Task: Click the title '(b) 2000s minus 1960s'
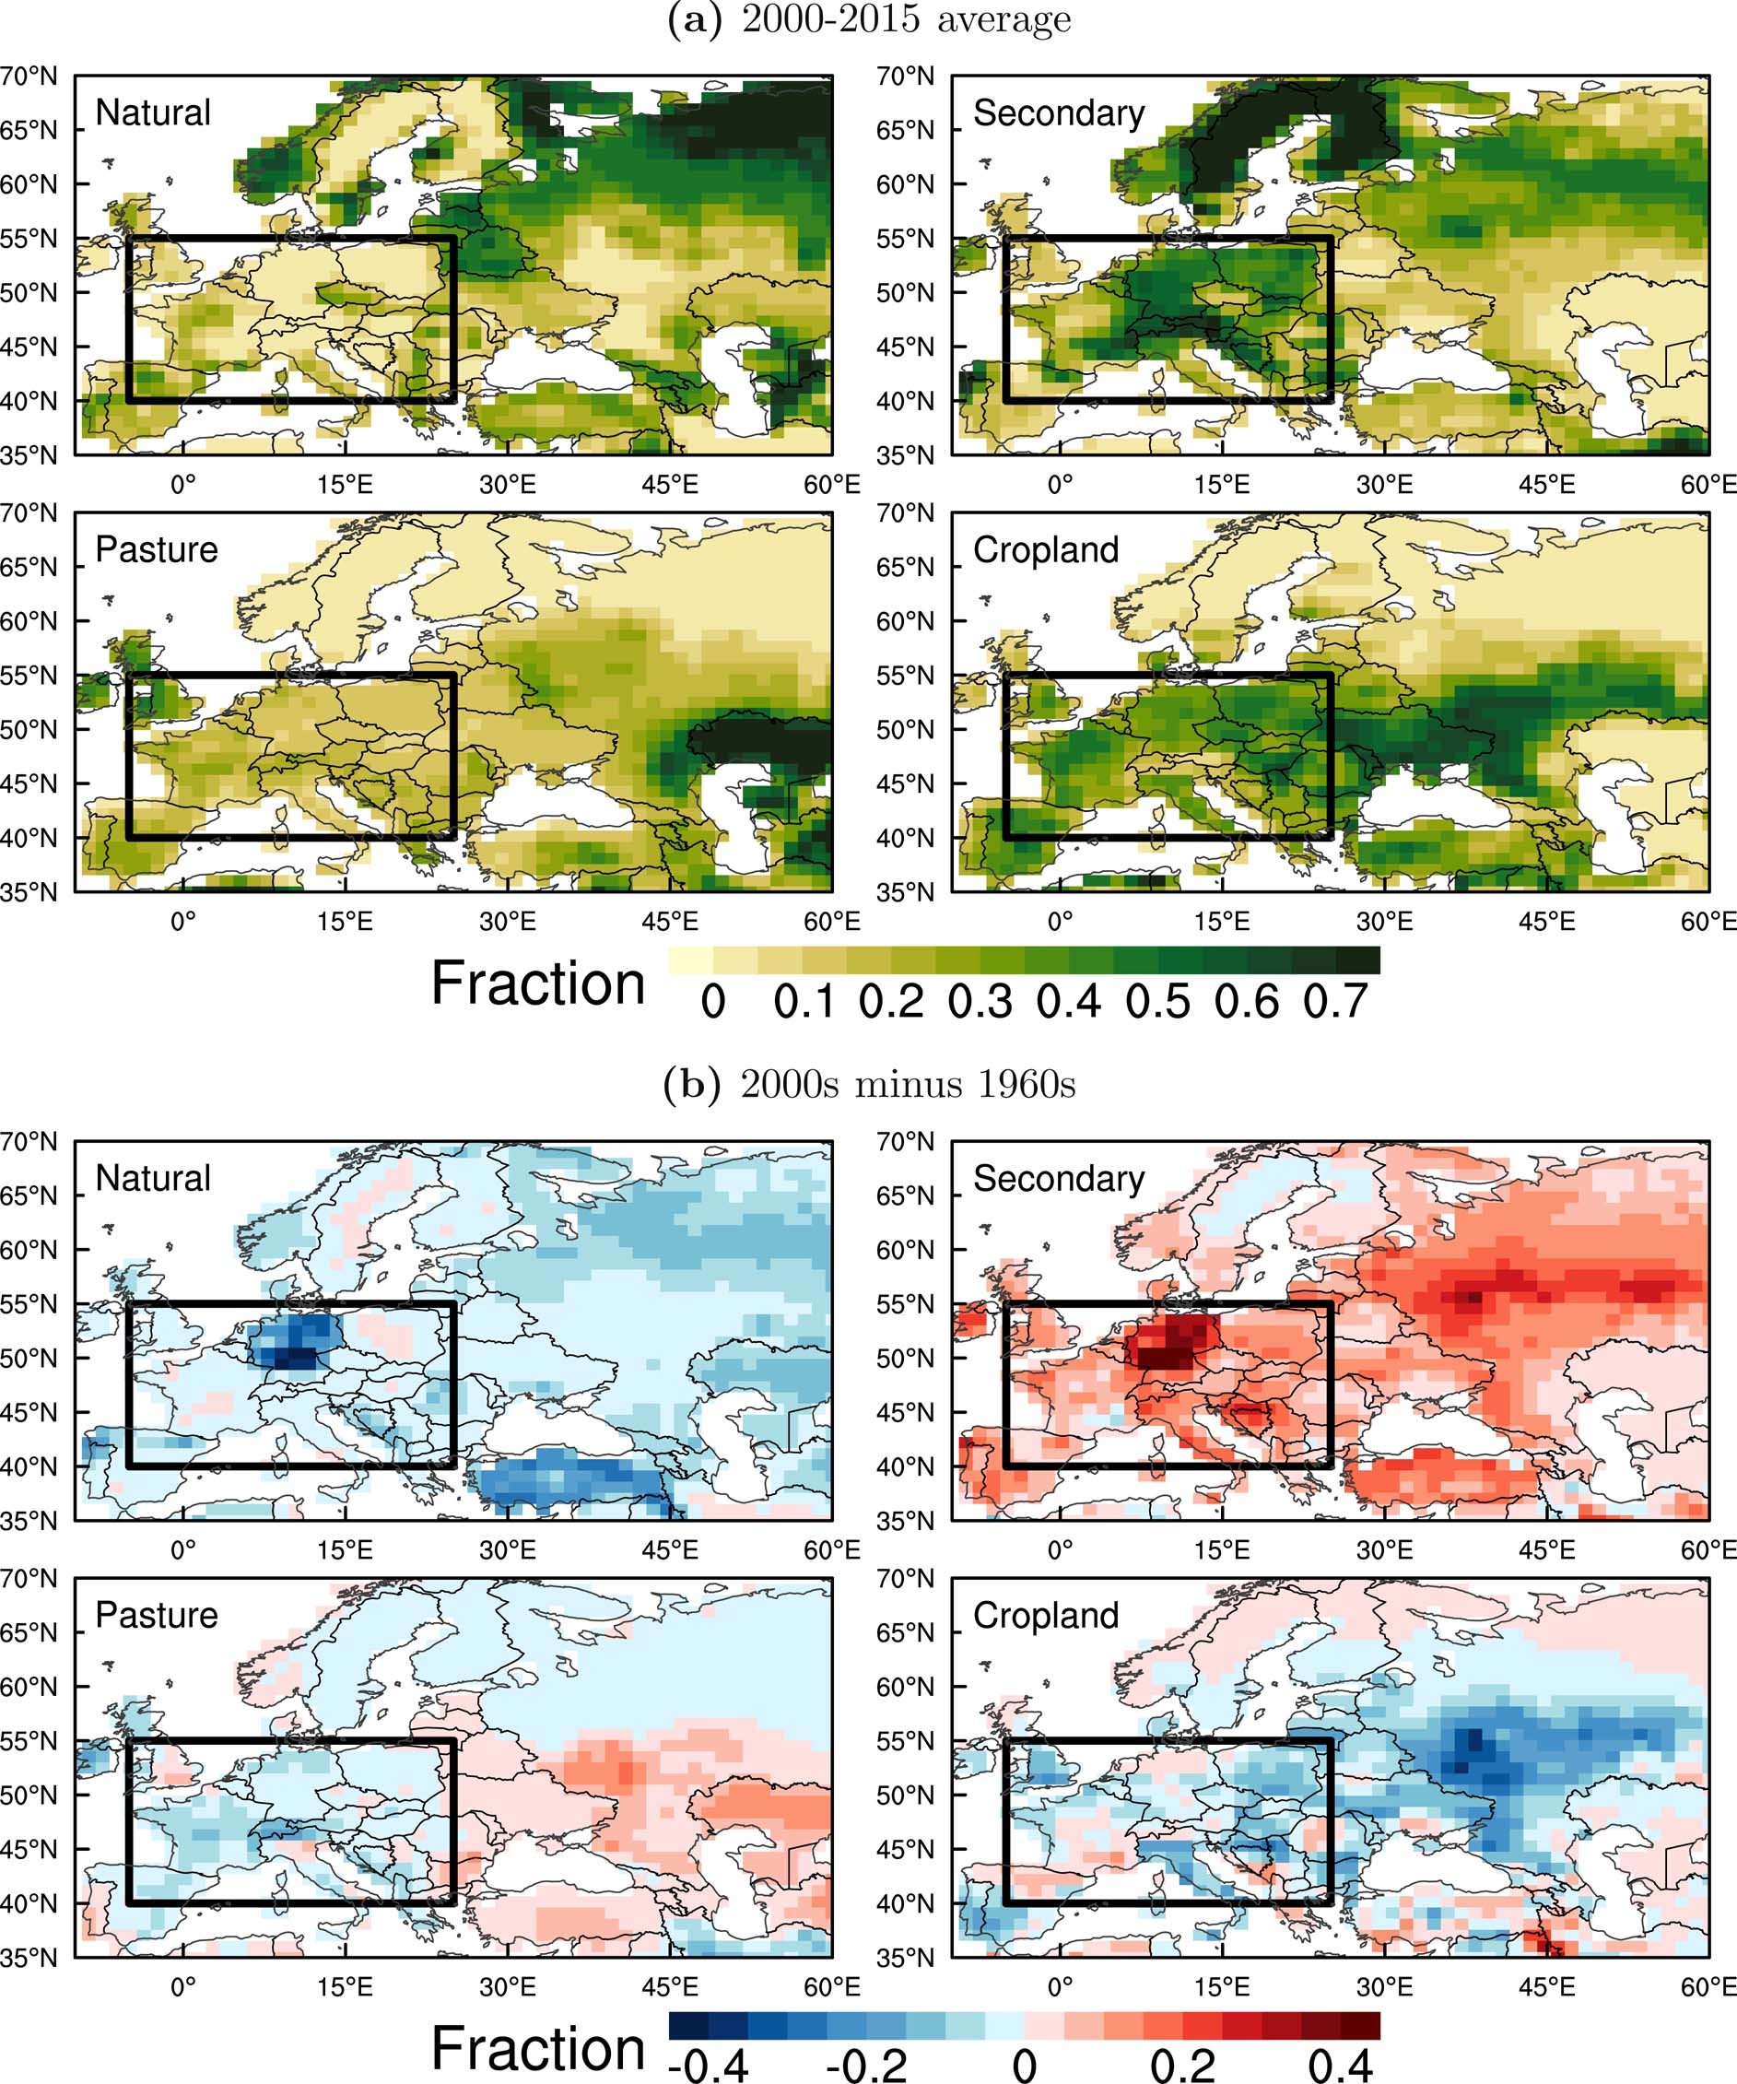(x=869, y=1084)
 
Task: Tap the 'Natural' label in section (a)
(x=153, y=112)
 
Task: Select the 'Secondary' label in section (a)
(x=1059, y=113)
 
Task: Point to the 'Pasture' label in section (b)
(x=156, y=1615)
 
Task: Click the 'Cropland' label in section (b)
(x=1046, y=1615)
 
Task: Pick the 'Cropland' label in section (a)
(x=1046, y=548)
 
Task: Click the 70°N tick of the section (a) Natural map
(x=28, y=76)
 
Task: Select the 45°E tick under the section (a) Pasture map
(x=670, y=922)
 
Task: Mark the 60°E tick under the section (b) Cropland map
(x=1708, y=1988)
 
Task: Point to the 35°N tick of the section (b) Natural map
(x=28, y=1520)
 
